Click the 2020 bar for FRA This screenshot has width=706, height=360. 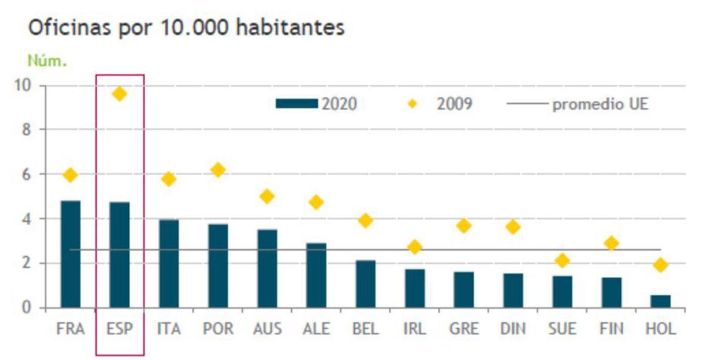pyautogui.click(x=71, y=254)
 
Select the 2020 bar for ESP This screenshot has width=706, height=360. pyautogui.click(x=119, y=255)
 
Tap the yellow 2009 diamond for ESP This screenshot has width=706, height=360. pyautogui.click(x=119, y=94)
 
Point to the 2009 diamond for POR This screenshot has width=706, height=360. pyautogui.click(x=218, y=170)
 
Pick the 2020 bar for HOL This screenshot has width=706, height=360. pyautogui.click(x=660, y=301)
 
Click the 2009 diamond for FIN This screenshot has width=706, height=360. pyautogui.click(x=611, y=243)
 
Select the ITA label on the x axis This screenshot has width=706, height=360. pyautogui.click(x=169, y=328)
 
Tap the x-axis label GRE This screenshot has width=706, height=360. pyautogui.click(x=464, y=328)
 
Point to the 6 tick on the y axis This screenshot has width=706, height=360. pyautogui.click(x=26, y=175)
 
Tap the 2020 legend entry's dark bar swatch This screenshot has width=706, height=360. pyautogui.click(x=297, y=104)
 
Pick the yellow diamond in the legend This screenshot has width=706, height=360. pyautogui.click(x=412, y=104)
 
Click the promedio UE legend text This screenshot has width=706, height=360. pyautogui.click(x=600, y=105)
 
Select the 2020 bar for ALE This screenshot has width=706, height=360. pyautogui.click(x=317, y=275)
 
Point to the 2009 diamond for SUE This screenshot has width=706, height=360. pyautogui.click(x=562, y=261)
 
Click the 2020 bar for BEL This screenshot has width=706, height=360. pyautogui.click(x=365, y=284)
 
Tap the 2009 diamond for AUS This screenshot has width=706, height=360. pyautogui.click(x=267, y=196)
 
